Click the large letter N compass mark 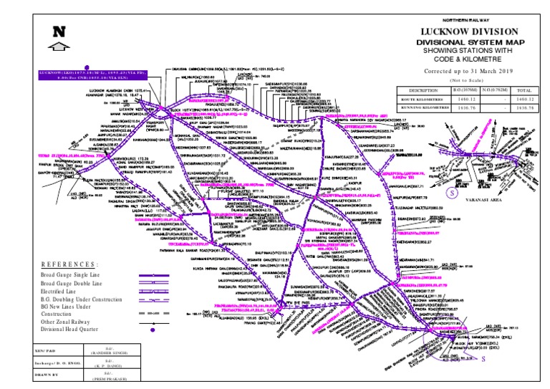(60, 32)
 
